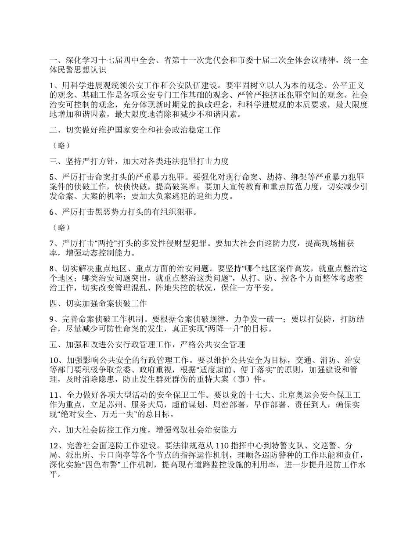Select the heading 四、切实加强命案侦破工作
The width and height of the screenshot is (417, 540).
98,304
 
